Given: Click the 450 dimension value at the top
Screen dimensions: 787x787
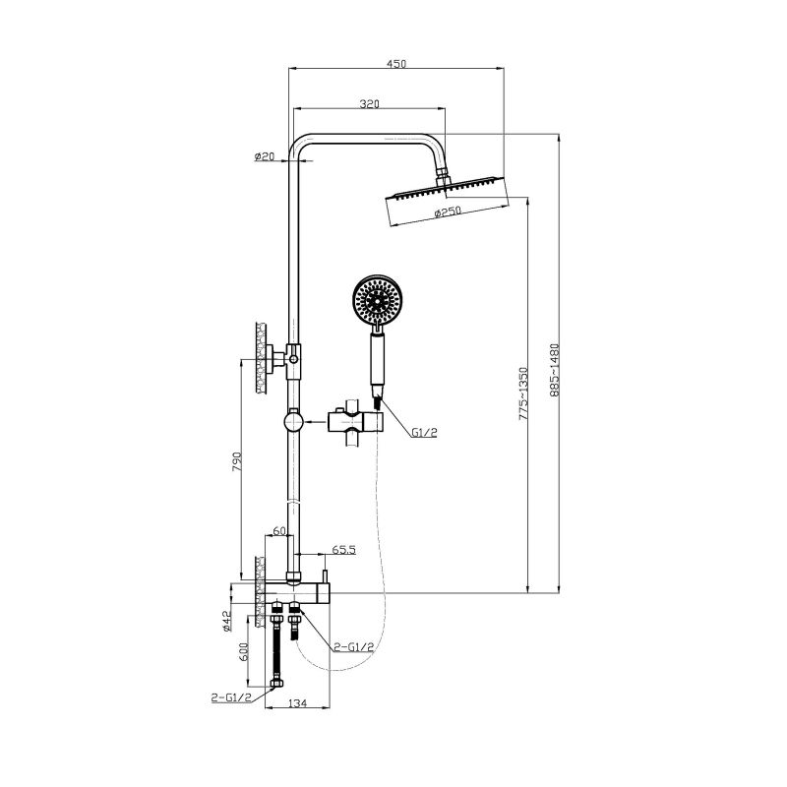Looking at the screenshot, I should click(396, 63).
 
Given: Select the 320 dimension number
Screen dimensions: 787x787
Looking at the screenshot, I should click(369, 103).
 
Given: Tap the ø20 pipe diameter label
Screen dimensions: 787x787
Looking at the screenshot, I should click(264, 156).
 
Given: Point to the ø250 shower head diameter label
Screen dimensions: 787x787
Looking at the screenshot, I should click(449, 212).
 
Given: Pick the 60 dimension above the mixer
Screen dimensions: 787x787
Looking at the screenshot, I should click(279, 531).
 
